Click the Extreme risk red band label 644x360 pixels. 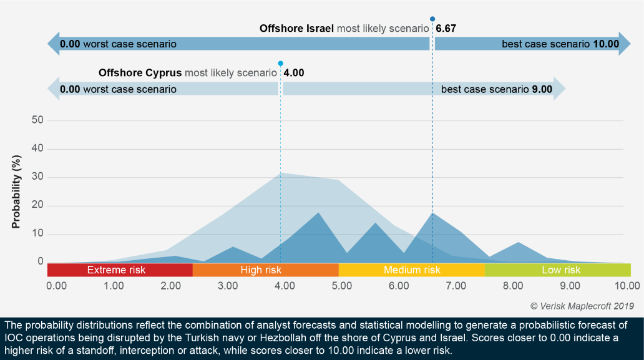pos(116,270)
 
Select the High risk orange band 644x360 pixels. pos(261,270)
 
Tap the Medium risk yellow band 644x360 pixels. pos(411,270)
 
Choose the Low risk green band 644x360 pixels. pos(560,270)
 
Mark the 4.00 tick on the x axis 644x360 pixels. pos(285,286)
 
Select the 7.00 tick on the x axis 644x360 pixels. pos(456,286)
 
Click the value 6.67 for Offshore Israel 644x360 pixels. pos(447,29)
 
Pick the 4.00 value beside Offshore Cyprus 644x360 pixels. pos(294,73)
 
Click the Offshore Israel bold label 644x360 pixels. pos(296,29)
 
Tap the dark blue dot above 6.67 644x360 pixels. pos(432,19)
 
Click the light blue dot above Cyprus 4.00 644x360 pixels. pos(280,63)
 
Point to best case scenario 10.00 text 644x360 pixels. pos(560,44)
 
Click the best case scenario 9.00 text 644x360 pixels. pos(496,89)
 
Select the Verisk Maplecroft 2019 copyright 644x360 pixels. pos(582,306)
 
